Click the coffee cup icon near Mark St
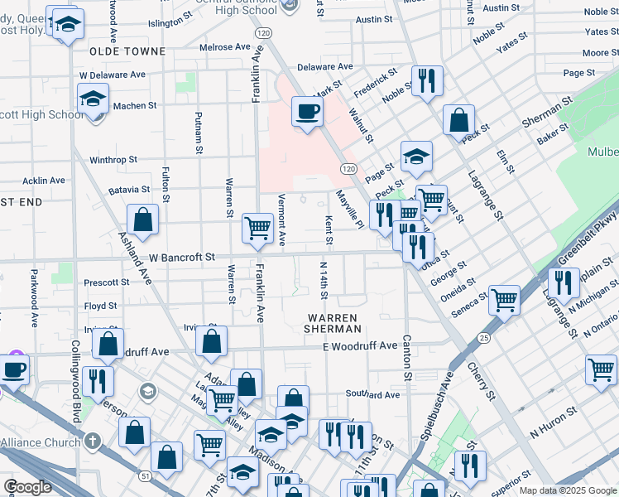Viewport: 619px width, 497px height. [x=307, y=111]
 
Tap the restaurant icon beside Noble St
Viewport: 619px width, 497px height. [x=427, y=81]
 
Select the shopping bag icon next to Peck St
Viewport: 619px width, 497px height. [x=458, y=121]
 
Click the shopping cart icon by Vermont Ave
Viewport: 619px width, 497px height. [x=258, y=228]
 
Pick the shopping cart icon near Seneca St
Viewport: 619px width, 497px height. [x=504, y=301]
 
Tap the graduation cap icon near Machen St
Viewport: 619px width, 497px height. [x=94, y=99]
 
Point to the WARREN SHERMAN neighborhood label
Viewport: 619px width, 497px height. [x=332, y=324]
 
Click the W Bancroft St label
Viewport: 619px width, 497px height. [x=181, y=258]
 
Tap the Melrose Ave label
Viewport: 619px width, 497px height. [x=224, y=47]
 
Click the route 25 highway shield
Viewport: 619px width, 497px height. [x=483, y=338]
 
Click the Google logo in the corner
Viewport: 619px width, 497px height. [x=27, y=487]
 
